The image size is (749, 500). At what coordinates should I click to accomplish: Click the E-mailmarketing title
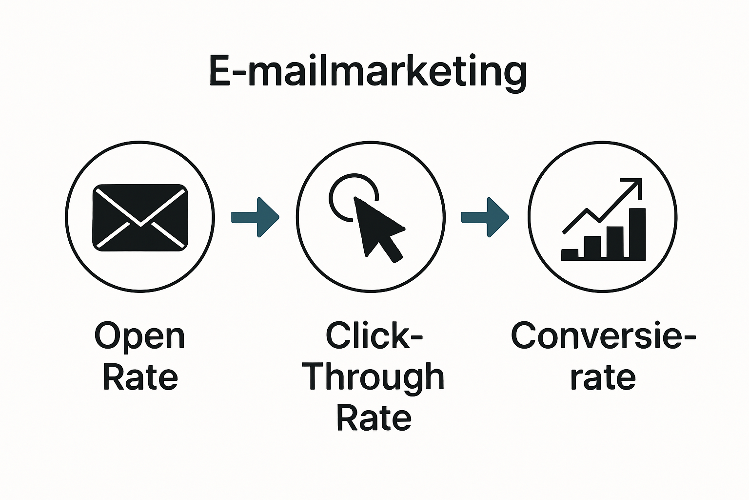point(368,72)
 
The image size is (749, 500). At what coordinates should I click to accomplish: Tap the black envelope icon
point(140,218)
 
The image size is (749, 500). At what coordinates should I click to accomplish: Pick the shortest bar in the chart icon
point(570,254)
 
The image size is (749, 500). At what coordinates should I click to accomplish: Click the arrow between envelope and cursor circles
point(255,217)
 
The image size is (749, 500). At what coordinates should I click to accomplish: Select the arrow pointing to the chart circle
point(485,217)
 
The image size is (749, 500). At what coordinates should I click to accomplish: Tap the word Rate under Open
point(140,377)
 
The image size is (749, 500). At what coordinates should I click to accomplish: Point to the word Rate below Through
point(374,418)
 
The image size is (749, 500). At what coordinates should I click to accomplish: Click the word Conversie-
point(603,336)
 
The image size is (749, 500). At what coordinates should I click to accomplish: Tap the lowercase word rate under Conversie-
point(603,377)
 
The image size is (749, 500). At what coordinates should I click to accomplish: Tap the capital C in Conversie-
point(525,336)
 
